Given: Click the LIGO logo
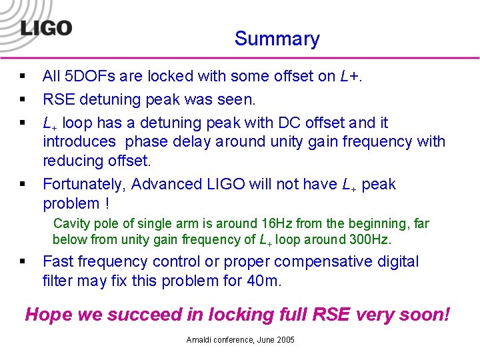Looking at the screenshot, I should click(x=45, y=28).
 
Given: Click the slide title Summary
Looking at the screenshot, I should click(x=277, y=39).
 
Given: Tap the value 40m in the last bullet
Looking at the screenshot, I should click(x=263, y=281).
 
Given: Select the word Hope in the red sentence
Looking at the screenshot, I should click(x=46, y=315).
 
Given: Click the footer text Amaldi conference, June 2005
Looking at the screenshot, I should click(x=240, y=340).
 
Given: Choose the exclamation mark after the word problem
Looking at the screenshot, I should click(x=105, y=203).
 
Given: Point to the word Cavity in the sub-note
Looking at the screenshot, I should click(x=70, y=224).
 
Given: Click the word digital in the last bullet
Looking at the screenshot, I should click(x=397, y=261).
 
